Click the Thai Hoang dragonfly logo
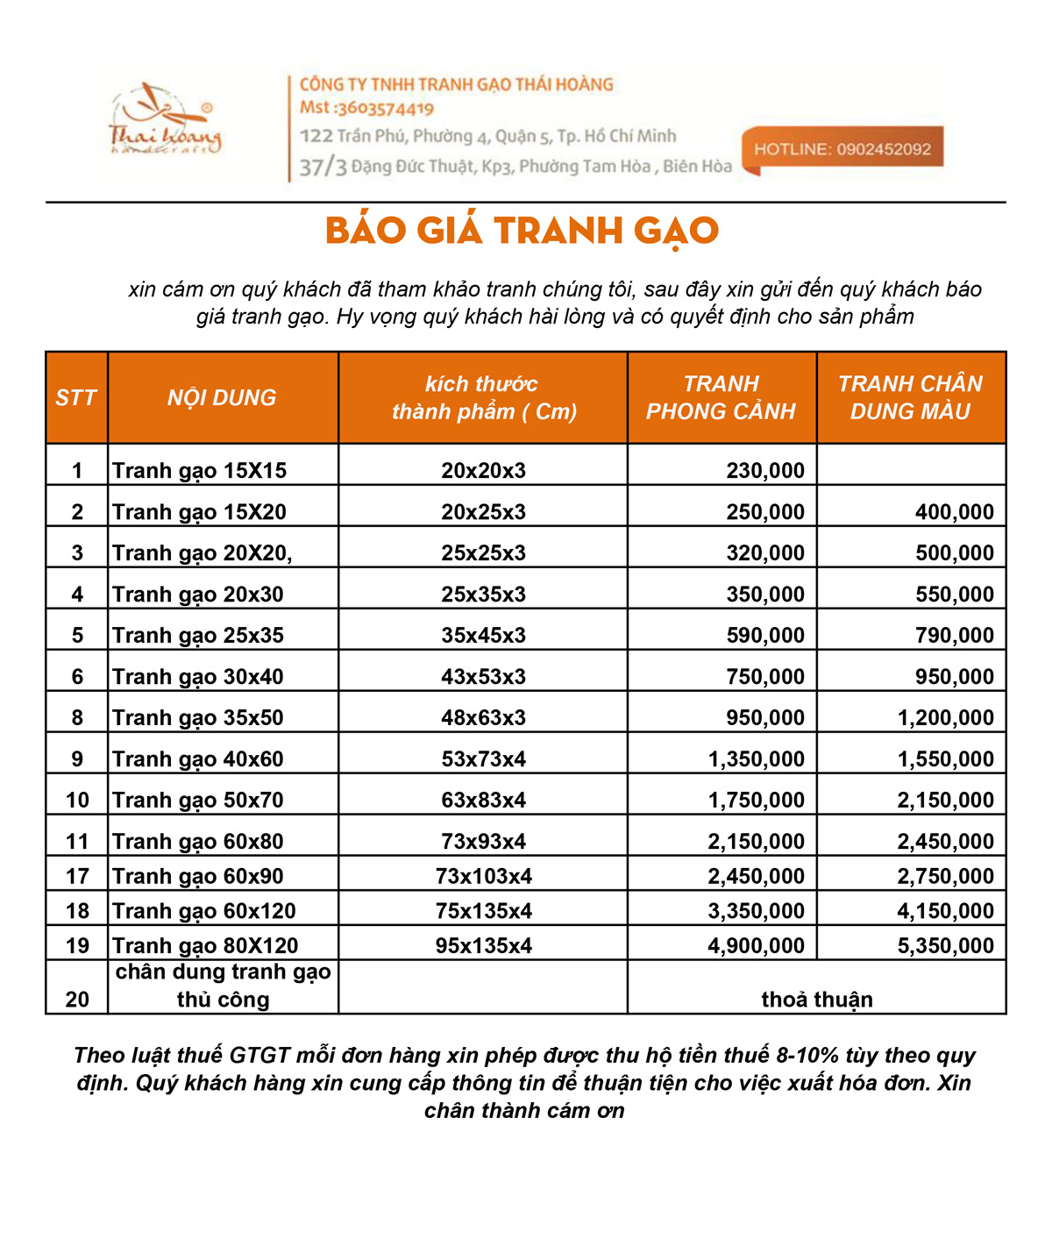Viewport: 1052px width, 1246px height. [x=165, y=121]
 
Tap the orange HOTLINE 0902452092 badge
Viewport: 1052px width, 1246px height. [x=842, y=149]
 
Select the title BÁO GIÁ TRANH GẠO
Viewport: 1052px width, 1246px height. [x=522, y=231]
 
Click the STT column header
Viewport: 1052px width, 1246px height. [x=76, y=398]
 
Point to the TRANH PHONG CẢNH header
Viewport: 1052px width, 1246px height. [x=721, y=398]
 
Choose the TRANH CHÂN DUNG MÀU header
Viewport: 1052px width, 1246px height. [x=910, y=398]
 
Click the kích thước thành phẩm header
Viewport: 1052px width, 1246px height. [x=483, y=398]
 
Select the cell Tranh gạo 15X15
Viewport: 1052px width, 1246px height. [x=200, y=471]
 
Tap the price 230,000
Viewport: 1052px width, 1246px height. [x=764, y=471]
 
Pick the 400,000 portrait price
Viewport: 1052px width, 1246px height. [x=954, y=512]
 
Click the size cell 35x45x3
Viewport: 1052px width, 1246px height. [x=483, y=636]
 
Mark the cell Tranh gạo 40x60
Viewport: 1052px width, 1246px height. [x=198, y=759]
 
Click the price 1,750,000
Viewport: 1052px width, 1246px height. [x=756, y=801]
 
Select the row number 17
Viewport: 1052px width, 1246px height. [x=77, y=877]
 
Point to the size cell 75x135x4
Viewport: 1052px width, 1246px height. [x=483, y=911]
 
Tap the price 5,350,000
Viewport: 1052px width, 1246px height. [x=945, y=946]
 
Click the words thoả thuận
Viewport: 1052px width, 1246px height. [x=816, y=1000]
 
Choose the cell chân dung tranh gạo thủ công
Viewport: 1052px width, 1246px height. [x=223, y=986]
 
